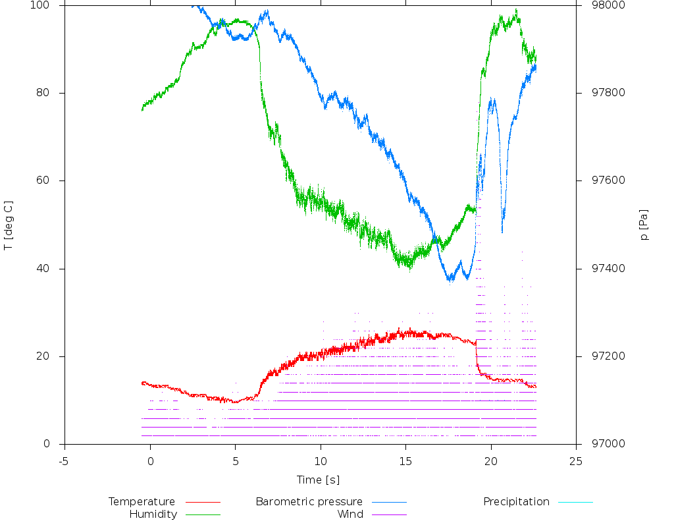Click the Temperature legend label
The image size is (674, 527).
click(142, 502)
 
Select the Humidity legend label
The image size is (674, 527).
click(153, 514)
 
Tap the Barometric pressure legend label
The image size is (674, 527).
click(309, 502)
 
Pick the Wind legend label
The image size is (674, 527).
click(350, 514)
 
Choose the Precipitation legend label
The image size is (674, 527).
click(516, 502)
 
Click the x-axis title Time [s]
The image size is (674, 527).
click(319, 480)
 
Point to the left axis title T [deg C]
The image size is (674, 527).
click(9, 225)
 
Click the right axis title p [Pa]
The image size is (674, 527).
click(644, 225)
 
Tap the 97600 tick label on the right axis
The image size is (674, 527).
click(597, 181)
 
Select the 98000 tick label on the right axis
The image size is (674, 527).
click(597, 5)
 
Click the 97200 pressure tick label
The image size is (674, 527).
click(597, 356)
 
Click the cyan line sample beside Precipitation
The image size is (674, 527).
click(575, 502)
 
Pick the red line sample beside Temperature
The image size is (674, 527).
click(203, 502)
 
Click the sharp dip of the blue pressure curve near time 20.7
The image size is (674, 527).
click(502, 231)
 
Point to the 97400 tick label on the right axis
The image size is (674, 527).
click(597, 269)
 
